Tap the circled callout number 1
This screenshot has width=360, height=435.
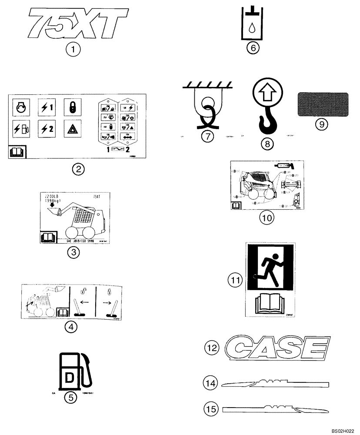click(x=73, y=50)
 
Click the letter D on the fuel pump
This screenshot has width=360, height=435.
click(x=70, y=376)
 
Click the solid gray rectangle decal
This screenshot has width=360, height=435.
click(x=323, y=104)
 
